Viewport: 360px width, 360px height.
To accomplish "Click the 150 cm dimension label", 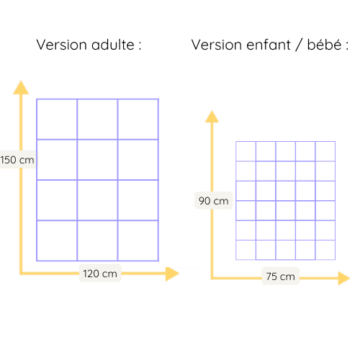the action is (17, 160).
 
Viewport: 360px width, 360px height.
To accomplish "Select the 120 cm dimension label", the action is (100, 274).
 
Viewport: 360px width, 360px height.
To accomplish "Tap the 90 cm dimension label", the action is (213, 201).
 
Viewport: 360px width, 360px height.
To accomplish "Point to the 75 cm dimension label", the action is (280, 276).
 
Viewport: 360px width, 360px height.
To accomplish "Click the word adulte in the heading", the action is (113, 45).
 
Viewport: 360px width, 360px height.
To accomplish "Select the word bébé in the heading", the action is (324, 45).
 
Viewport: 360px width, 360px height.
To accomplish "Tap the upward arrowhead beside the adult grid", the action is (21, 87).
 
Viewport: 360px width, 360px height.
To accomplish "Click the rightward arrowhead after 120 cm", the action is (172, 274).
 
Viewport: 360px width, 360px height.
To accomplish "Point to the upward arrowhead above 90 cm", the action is (212, 117).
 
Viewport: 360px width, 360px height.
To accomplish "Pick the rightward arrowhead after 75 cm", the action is (344, 278).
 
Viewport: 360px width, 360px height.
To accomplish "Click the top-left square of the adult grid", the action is (57, 119).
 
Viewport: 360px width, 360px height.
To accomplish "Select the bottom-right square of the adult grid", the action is (138, 240).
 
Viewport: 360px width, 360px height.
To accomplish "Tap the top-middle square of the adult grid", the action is (97, 119).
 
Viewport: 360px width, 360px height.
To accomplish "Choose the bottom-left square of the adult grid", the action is (57, 240).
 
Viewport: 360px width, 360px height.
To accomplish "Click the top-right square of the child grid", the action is (325, 151).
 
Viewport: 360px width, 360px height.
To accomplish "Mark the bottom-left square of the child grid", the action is (246, 250).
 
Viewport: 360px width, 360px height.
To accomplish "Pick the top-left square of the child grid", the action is (246, 151).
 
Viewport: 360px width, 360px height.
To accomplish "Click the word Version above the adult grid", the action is (61, 45).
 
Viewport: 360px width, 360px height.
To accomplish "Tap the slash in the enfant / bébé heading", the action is (299, 45).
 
